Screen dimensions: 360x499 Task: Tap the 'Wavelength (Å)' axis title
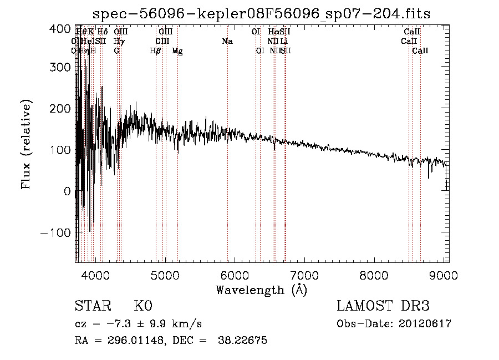(261, 290)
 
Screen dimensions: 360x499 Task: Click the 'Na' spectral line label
(227, 42)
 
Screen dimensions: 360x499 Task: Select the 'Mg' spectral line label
(177, 51)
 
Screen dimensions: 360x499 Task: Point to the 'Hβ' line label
(156, 51)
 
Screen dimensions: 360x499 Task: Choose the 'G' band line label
(116, 51)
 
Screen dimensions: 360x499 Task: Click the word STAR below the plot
(92, 307)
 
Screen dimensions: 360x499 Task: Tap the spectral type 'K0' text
(142, 307)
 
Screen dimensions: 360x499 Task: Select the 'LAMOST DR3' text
(383, 307)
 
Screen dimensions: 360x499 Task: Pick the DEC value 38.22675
(244, 341)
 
